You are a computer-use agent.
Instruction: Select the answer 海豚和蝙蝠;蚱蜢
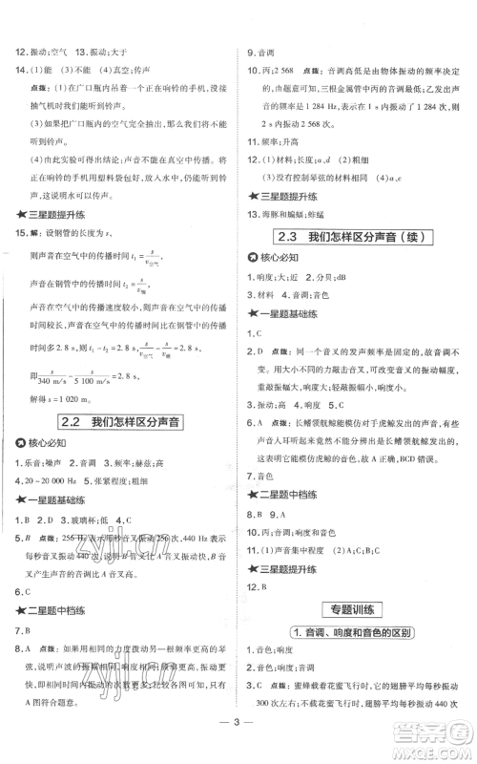point(300,212)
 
